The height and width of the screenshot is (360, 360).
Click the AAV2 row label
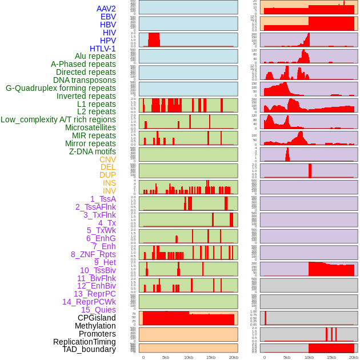[106, 9]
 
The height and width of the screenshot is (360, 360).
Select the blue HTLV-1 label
[103, 49]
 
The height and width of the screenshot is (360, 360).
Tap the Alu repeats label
[95, 57]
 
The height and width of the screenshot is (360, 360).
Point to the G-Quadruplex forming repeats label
[61, 89]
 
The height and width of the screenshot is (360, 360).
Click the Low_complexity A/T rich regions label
[58, 120]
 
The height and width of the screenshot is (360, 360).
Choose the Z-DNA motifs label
[93, 151]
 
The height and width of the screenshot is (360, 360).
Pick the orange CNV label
[107, 159]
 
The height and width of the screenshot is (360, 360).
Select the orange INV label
[109, 191]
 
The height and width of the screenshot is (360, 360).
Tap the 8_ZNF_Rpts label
[93, 254]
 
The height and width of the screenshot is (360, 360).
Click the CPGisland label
[97, 318]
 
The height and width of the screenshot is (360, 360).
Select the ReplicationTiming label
[85, 342]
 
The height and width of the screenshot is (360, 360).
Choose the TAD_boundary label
[89, 349]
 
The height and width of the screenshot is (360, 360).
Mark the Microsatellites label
[90, 128]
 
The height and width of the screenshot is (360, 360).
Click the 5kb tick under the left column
[166, 357]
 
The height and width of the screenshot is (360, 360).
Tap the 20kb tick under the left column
[233, 357]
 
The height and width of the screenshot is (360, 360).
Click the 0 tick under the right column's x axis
[264, 357]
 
